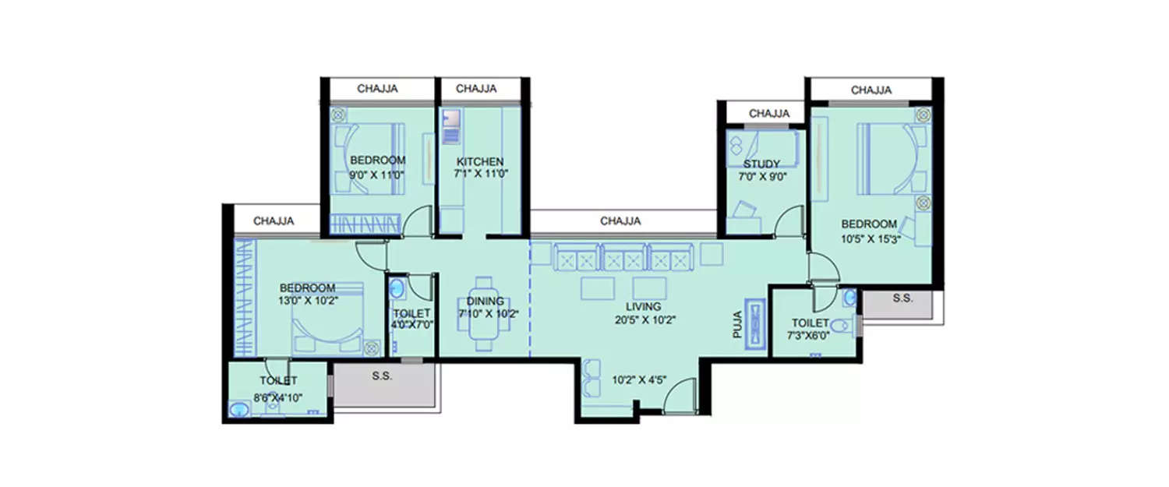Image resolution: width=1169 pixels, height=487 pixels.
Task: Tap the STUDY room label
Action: [x=761, y=164]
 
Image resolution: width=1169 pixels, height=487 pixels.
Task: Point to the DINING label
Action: [x=485, y=302]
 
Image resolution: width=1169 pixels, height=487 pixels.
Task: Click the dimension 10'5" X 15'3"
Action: [x=868, y=238]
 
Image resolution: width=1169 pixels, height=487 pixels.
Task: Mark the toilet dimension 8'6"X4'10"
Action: [x=278, y=397]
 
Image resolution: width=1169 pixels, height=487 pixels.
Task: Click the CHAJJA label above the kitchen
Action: [x=476, y=89]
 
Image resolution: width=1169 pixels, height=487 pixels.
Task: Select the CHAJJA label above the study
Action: [x=768, y=114]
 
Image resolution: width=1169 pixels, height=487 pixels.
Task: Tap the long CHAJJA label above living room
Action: [x=620, y=221]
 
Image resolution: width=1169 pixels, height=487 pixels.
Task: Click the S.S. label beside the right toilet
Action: [x=902, y=298]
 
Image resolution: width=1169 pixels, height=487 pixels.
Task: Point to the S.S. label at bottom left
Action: [x=382, y=376]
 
